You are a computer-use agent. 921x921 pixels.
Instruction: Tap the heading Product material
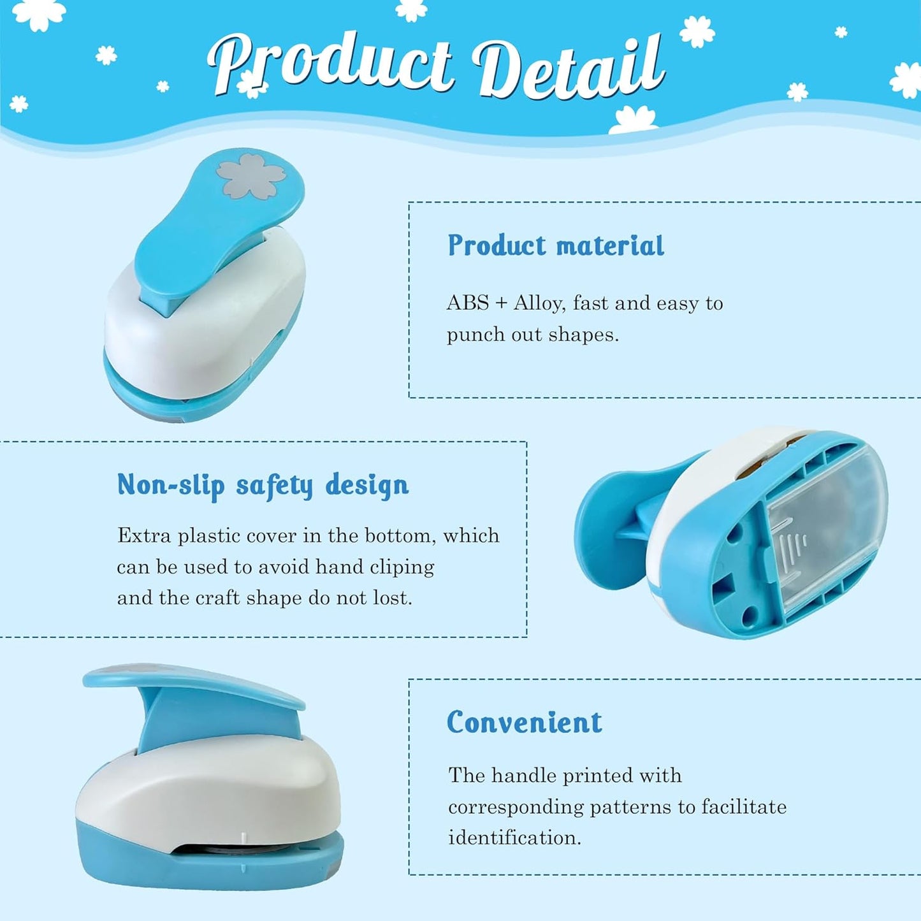556,246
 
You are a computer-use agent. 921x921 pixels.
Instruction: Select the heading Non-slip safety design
263,486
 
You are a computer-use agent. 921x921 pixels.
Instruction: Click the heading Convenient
524,723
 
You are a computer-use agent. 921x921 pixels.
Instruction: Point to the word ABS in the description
468,303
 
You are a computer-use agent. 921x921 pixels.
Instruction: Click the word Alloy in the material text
539,303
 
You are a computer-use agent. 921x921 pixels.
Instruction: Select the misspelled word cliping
402,567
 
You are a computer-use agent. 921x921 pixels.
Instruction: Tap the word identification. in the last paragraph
514,838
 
